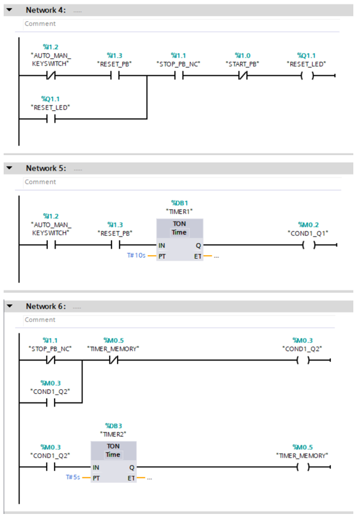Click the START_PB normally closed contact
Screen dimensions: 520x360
(x=243, y=76)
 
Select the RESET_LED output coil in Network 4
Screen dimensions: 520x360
(x=308, y=76)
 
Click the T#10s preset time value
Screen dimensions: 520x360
(x=136, y=256)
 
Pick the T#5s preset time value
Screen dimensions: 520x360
(x=73, y=478)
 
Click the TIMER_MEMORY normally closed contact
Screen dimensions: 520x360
(x=113, y=360)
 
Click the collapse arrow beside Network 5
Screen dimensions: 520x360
(x=10, y=168)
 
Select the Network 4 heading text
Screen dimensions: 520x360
(x=46, y=10)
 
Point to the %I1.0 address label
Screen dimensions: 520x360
(x=242, y=55)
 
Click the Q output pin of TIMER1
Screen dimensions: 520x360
(x=198, y=245)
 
